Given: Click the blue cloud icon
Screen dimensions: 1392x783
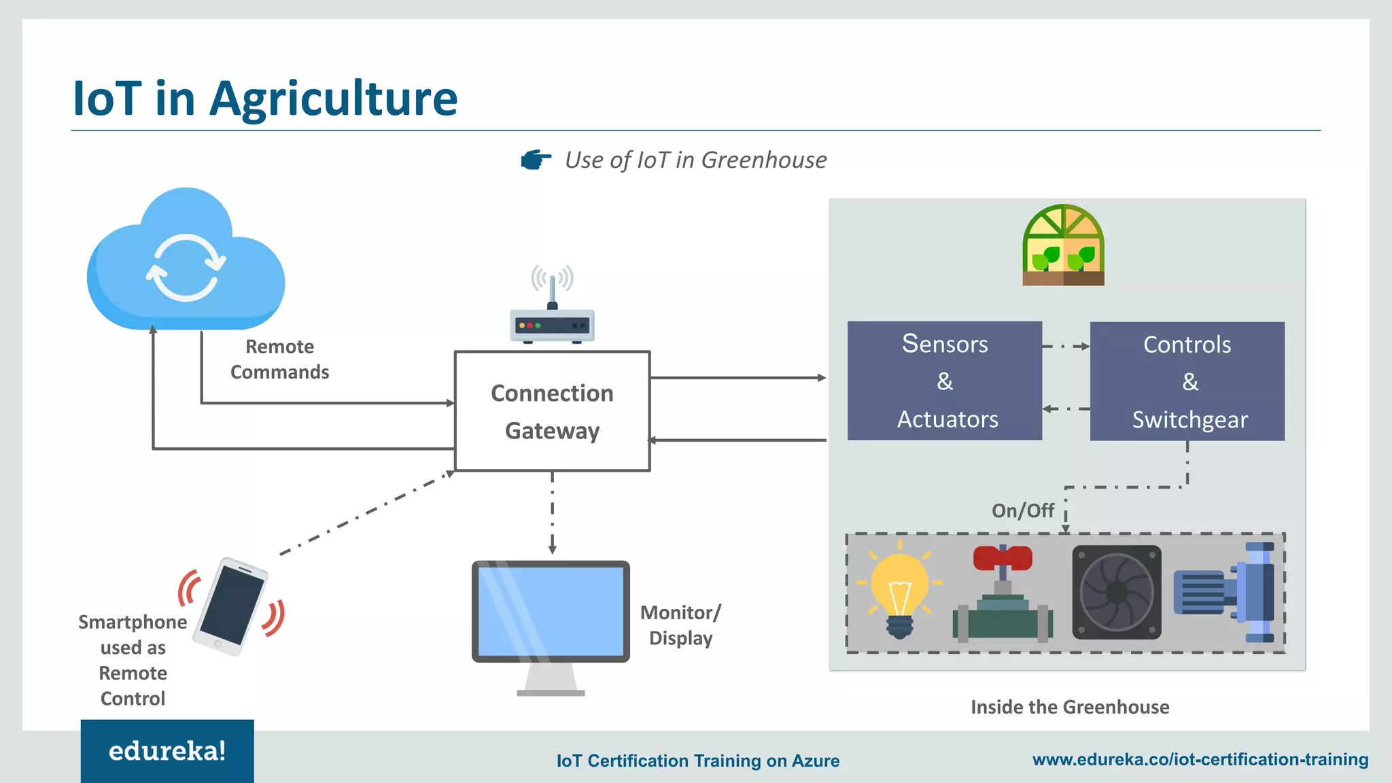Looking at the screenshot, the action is [186, 262].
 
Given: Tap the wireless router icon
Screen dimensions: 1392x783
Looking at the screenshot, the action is [552, 319].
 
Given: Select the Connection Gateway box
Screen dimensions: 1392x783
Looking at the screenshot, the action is [552, 411].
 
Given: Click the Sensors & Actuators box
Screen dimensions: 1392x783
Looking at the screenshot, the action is [944, 381].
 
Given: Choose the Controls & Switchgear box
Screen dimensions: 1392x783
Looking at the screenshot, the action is [1187, 381].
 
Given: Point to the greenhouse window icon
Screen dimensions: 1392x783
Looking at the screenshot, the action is [1063, 245].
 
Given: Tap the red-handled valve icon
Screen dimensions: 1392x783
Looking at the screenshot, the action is [1003, 595].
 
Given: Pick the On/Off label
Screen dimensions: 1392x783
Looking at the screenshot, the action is [1022, 510].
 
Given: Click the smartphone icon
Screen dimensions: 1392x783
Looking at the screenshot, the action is [231, 606].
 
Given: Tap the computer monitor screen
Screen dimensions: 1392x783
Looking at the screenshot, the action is [551, 610].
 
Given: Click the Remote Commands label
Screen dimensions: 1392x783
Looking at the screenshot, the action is [279, 360].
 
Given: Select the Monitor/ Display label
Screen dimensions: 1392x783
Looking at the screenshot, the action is [680, 625].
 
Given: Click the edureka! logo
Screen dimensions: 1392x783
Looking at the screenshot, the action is [167, 751].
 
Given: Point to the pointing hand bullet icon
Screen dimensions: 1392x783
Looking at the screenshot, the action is [536, 160].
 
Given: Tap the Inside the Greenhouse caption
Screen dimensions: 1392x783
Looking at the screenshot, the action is [1070, 707].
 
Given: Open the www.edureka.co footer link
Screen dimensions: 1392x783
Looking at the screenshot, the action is [1200, 759].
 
